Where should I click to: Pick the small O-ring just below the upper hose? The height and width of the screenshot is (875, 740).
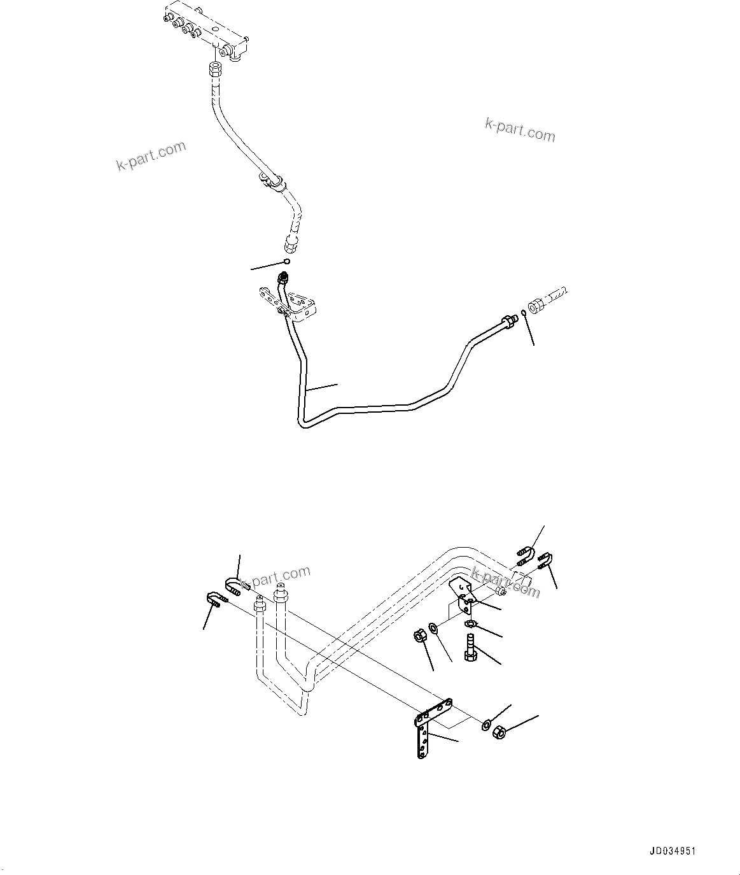point(288,261)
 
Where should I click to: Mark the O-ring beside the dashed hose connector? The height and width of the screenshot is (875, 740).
point(522,312)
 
